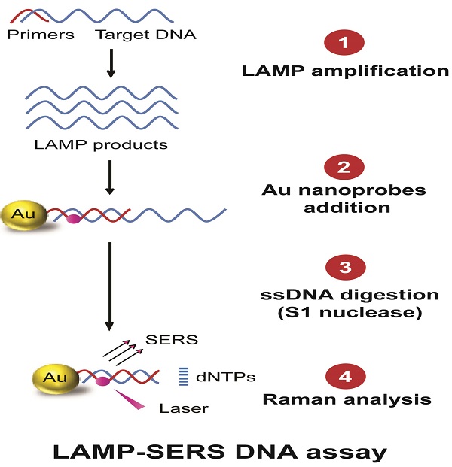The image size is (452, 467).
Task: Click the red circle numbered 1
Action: coord(344,42)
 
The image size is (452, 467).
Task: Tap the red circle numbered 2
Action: coord(344,167)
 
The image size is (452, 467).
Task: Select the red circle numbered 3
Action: coord(346,267)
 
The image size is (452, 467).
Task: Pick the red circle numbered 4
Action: coord(346,377)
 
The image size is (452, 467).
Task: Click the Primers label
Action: coord(41,35)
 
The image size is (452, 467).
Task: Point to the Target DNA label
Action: coord(146,35)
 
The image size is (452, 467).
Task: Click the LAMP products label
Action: coord(101,145)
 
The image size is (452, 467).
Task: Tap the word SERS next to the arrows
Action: coord(172,340)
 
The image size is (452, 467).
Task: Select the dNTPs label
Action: coord(225,377)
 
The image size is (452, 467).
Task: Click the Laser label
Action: coord(184,408)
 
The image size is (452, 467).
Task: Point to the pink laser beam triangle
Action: coord(130,399)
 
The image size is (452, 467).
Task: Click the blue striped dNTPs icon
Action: coord(184,377)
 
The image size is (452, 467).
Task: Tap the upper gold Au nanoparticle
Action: coord(24,215)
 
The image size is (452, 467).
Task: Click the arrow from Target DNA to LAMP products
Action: coord(111,63)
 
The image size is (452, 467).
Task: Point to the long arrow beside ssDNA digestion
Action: coord(110,287)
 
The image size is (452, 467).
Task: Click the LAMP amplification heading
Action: coord(346,71)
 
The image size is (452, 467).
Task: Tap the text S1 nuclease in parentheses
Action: coord(350,313)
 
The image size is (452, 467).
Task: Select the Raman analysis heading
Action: coord(347,399)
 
